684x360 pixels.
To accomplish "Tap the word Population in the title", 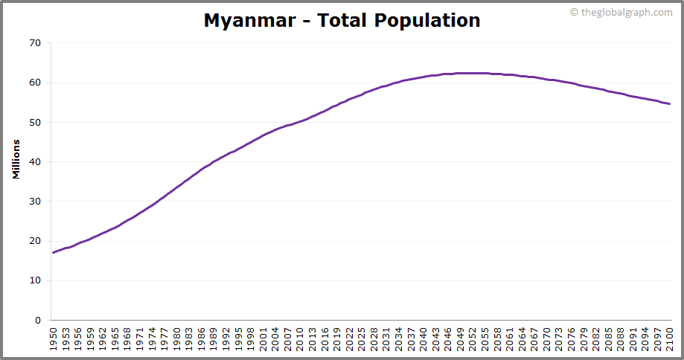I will coord(428,20).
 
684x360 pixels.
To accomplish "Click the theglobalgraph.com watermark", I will coord(626,12).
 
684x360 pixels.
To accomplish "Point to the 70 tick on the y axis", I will coord(35,43).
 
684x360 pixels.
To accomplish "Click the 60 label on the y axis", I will coord(35,83).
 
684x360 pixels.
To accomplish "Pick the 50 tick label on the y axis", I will coord(35,122).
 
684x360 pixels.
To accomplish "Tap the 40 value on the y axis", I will coord(35,161).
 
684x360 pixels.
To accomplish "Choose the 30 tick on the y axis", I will coord(35,202).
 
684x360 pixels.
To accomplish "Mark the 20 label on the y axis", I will coord(35,241).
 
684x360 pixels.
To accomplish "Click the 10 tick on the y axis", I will coord(35,280).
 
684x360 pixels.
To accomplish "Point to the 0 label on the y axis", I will coord(38,320).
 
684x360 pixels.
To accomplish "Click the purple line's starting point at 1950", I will coord(53,253).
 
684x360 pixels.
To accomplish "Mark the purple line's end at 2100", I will coord(670,103).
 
